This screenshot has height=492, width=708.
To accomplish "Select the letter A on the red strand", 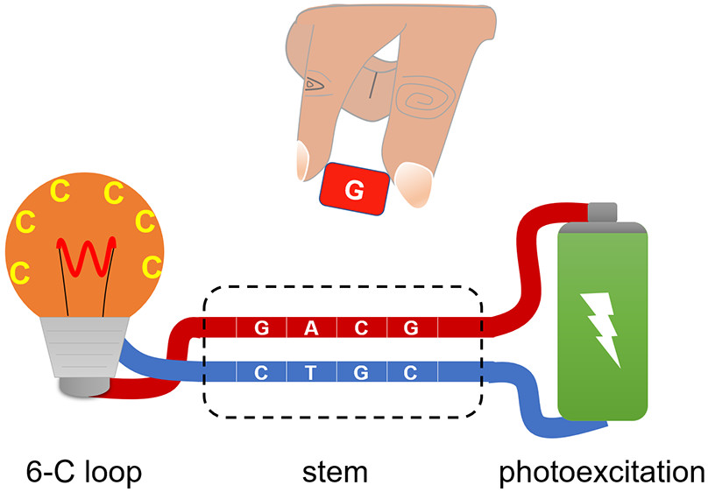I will click(x=310, y=328).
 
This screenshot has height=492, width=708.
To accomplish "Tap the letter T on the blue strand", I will click(x=310, y=371).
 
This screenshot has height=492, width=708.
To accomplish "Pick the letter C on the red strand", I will click(x=360, y=328).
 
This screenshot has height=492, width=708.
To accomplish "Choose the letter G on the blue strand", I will click(x=360, y=371).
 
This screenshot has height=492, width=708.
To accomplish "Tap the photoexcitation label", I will click(x=602, y=473).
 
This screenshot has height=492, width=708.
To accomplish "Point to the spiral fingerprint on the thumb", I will click(x=426, y=97).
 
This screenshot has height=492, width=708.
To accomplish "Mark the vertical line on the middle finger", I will click(x=373, y=84).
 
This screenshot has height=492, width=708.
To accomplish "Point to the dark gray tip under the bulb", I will click(x=85, y=385).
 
